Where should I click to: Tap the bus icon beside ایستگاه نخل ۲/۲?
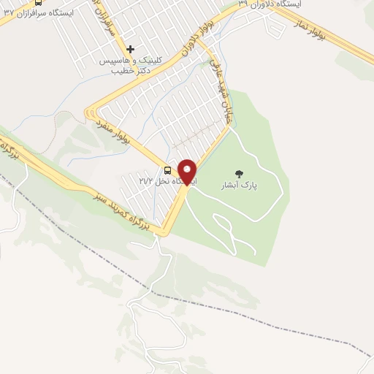click(x=168, y=171)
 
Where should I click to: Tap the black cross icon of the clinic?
click(x=131, y=50)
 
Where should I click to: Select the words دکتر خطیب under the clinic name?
click(x=131, y=72)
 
